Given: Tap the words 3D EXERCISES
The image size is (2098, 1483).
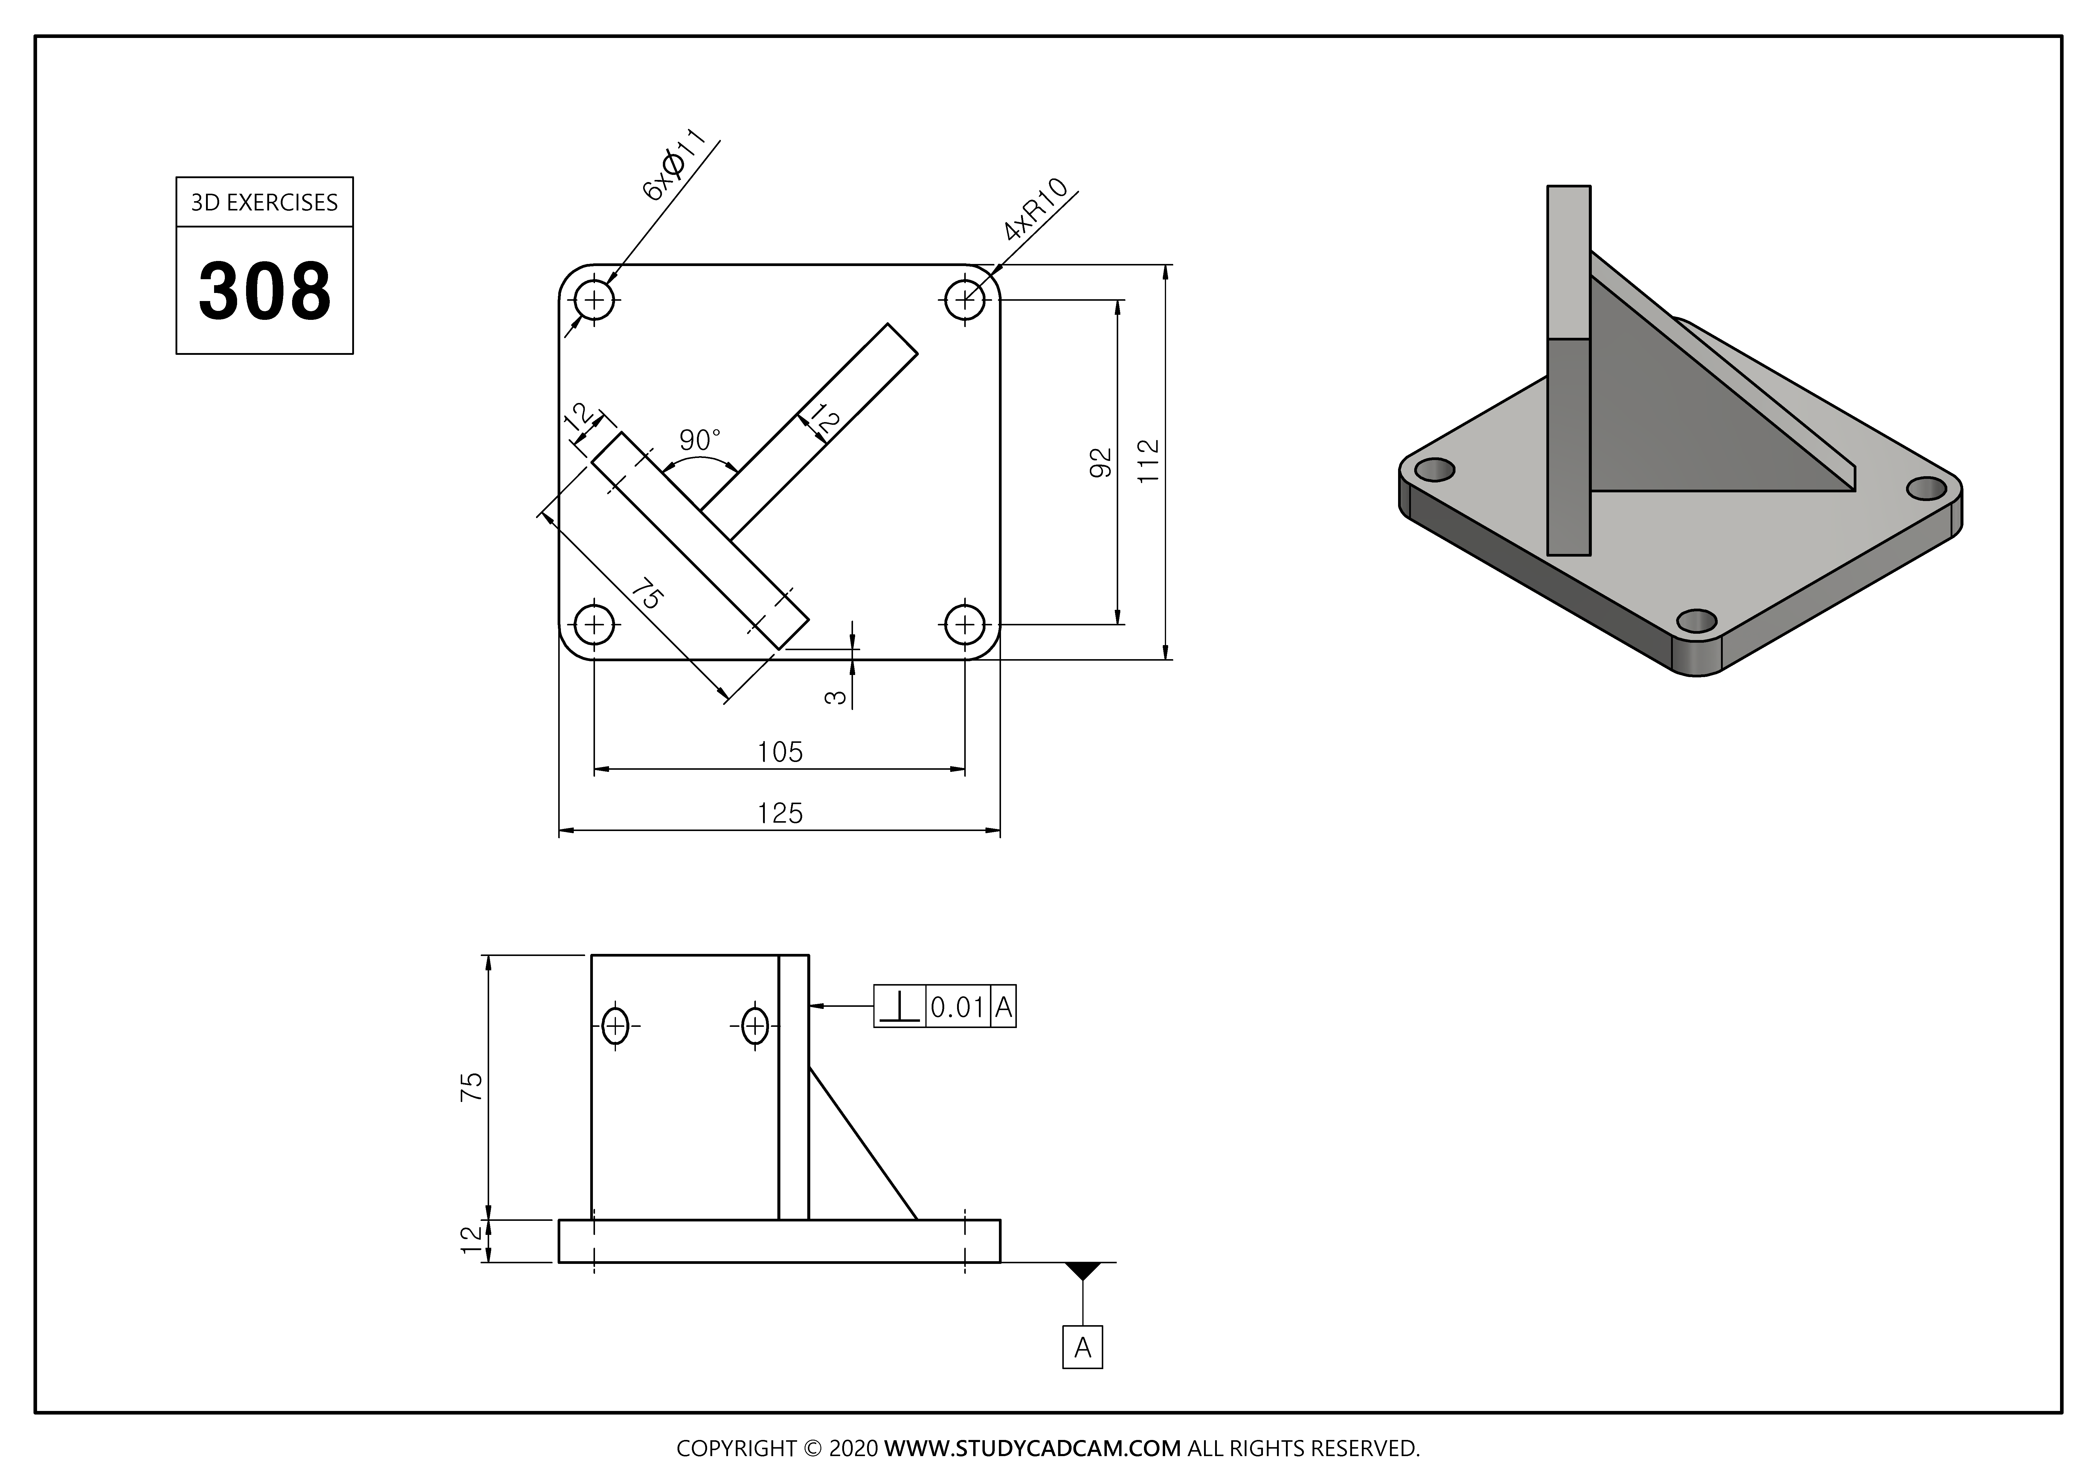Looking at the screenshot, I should [x=264, y=203].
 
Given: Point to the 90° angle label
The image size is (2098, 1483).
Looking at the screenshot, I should [x=700, y=440].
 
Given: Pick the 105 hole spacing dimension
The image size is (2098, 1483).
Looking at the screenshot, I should [x=779, y=752].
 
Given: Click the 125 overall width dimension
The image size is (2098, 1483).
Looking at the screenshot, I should [x=779, y=813].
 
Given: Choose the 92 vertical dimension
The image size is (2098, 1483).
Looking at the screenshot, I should [x=1102, y=462].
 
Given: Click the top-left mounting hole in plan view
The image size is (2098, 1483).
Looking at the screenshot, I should [x=595, y=299].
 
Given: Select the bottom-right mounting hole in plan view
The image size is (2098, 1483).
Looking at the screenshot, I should [x=964, y=626].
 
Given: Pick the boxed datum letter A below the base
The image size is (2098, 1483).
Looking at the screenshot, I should [x=1083, y=1348].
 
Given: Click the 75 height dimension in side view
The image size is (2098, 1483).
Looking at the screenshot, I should [x=472, y=1086].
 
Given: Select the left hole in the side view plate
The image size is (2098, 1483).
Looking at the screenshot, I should [x=616, y=1026].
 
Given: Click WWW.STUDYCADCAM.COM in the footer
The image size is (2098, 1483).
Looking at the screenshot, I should [x=1032, y=1447].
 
